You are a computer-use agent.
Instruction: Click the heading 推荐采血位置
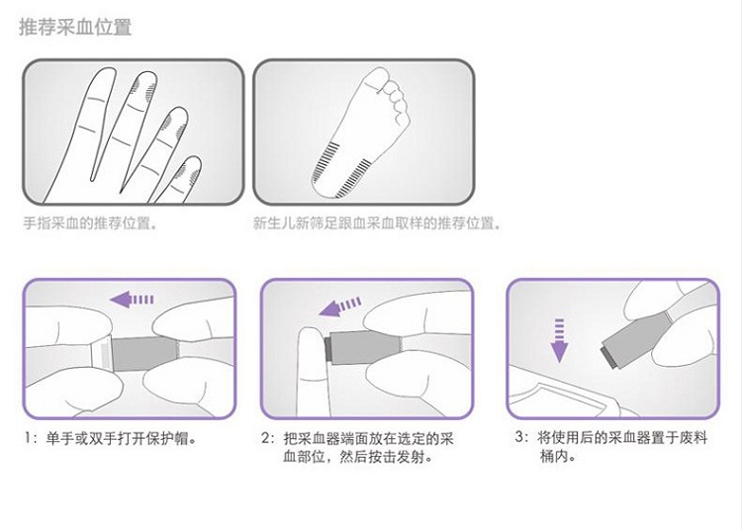pos(75,27)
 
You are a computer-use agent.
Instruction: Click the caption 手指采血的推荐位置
pos(90,222)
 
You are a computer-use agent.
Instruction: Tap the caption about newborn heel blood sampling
pos(377,222)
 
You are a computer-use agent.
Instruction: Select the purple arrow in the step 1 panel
pos(132,300)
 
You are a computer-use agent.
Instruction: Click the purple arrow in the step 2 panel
pos(340,307)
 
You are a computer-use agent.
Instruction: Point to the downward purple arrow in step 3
pos(559,340)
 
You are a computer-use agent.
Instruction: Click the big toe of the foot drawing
pos(378,79)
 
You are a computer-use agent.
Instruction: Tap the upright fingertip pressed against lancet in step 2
pos(311,344)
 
